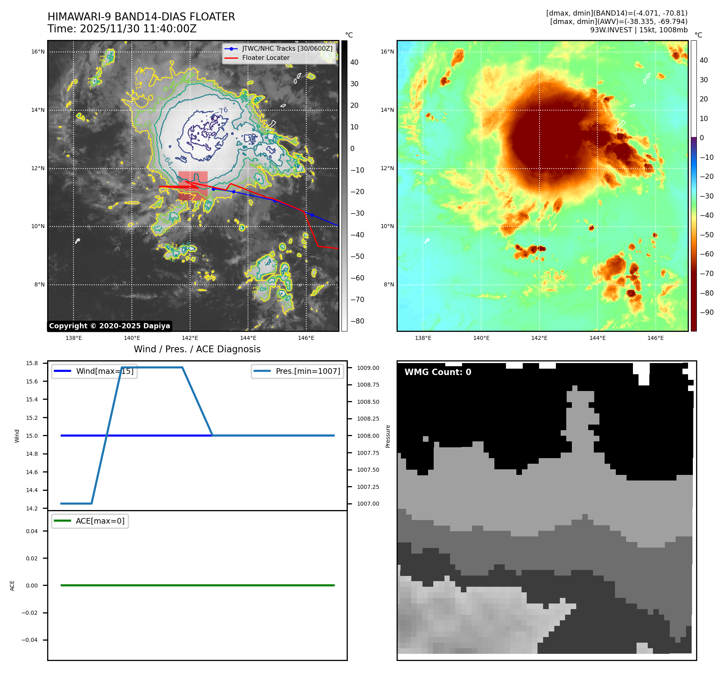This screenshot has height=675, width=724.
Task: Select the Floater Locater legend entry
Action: click(266, 58)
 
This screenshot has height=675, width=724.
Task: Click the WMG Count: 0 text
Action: click(438, 372)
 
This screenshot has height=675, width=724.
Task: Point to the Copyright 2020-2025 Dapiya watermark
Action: click(109, 326)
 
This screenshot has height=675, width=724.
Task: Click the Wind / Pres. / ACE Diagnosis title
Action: click(197, 349)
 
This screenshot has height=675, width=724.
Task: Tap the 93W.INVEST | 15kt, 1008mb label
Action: click(639, 30)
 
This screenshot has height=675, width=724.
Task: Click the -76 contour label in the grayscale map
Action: click(222, 111)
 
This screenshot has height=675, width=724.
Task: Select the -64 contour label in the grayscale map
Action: click(168, 161)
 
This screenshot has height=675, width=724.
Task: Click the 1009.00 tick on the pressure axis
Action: click(368, 368)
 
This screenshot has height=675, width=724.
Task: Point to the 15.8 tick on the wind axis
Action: click(32, 363)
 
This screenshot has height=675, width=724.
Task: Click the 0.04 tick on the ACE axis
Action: click(32, 531)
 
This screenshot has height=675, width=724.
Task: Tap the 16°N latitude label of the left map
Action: click(38, 52)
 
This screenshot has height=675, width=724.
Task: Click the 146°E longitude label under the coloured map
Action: click(655, 338)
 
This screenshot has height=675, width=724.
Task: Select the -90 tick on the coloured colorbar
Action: click(706, 312)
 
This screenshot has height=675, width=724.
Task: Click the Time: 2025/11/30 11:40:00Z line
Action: click(122, 29)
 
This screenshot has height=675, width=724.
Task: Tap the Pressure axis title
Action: click(388, 436)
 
